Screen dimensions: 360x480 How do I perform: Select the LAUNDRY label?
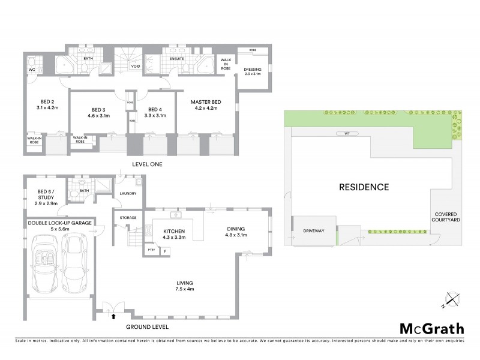[x=128, y=193]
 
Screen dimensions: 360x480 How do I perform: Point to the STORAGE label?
[x=128, y=217]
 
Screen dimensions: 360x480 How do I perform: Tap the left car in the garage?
[x=45, y=262]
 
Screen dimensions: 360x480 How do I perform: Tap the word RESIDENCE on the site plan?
[x=363, y=187]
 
